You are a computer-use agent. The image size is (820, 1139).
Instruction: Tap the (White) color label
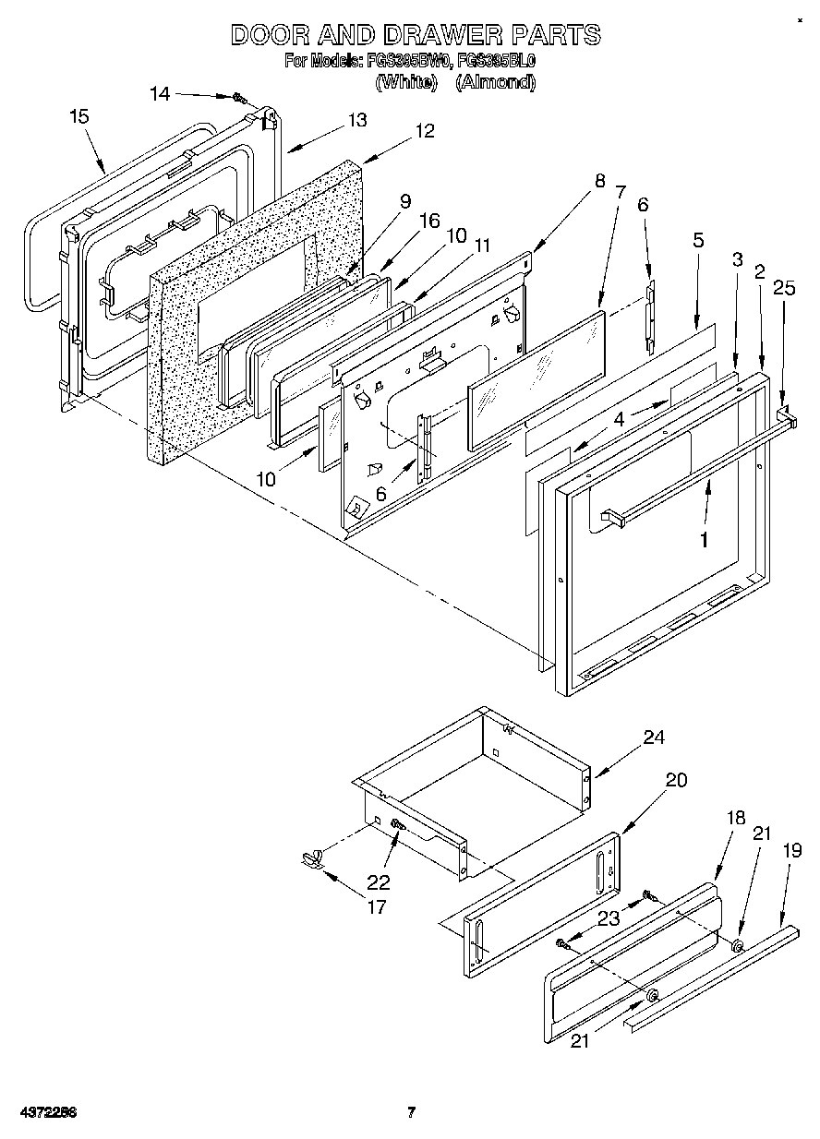[405, 81]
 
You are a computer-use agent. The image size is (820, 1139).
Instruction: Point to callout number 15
[79, 116]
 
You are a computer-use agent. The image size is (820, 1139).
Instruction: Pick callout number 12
[424, 131]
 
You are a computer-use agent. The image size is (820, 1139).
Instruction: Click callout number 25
[784, 289]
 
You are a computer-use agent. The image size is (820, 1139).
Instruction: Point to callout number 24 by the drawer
[654, 737]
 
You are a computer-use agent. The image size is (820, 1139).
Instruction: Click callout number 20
[676, 780]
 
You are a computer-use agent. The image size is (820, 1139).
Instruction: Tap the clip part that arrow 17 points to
[311, 860]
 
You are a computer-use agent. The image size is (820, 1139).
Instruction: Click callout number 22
[379, 881]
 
